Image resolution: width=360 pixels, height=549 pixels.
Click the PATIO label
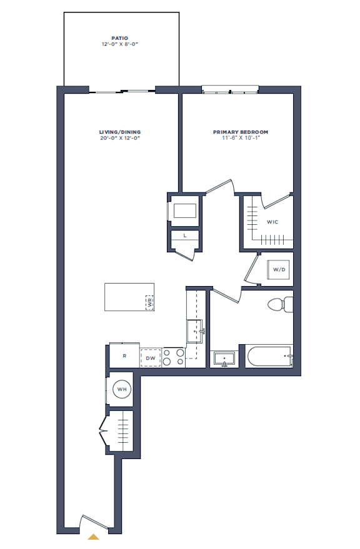[x=120, y=38]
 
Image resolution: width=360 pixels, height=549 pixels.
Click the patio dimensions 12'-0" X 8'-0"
[x=120, y=44]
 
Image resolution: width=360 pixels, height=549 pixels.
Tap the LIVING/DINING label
[x=120, y=132]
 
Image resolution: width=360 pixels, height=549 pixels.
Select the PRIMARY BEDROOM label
[x=241, y=132]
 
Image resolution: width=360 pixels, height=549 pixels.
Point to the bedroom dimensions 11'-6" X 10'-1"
[x=241, y=138]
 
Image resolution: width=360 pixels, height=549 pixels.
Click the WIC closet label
[x=272, y=222]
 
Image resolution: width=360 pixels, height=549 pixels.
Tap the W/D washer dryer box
[x=279, y=270]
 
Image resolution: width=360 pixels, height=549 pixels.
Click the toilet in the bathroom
[x=281, y=305]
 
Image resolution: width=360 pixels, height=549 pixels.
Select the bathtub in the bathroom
[x=269, y=357]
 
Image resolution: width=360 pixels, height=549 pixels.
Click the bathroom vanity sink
[x=224, y=360]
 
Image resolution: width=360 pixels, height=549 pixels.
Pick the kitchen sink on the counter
[x=194, y=331]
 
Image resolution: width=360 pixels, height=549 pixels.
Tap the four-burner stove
[x=174, y=357]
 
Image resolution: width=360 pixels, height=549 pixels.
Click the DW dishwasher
[x=151, y=358]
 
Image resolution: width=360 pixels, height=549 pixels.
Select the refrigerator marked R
[x=124, y=355]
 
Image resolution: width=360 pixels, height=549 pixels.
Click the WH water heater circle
[x=122, y=389]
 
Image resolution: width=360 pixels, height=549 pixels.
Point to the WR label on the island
[x=150, y=303]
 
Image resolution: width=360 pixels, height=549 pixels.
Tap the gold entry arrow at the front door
[x=93, y=537]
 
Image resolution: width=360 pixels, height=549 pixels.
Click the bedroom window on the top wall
[x=230, y=90]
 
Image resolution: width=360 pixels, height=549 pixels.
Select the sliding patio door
[x=122, y=92]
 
